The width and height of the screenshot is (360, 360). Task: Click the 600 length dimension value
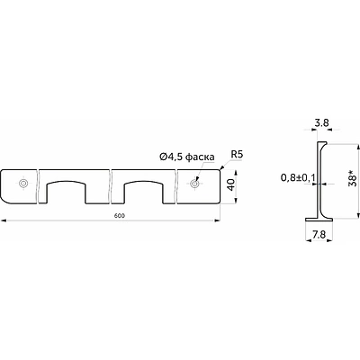click(x=119, y=215)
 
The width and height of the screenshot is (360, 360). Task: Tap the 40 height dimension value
click(x=231, y=184)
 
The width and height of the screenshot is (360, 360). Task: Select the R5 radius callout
click(x=237, y=155)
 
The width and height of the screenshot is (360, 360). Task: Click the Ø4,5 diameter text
click(x=172, y=157)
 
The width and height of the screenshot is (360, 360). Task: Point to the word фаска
click(x=201, y=157)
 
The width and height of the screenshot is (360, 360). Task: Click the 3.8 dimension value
click(x=321, y=122)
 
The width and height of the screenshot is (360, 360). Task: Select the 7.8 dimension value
click(x=319, y=235)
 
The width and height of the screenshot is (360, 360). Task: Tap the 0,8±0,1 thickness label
click(x=298, y=178)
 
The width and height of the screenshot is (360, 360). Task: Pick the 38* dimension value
click(x=353, y=178)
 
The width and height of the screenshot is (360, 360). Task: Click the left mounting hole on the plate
click(x=22, y=184)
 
